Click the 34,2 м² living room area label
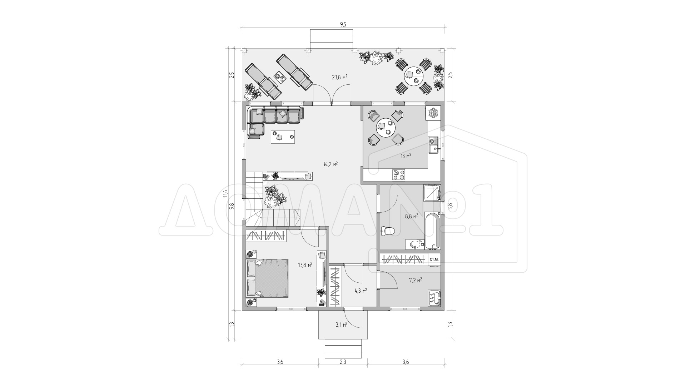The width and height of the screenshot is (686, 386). [330, 164]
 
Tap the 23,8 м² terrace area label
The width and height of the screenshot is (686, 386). [340, 77]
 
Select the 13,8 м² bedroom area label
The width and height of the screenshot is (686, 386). [305, 265]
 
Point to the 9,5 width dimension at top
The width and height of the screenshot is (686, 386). [343, 24]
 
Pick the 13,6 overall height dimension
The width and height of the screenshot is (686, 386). [225, 193]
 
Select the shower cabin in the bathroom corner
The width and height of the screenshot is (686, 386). [432, 193]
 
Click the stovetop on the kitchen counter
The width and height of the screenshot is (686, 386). [399, 174]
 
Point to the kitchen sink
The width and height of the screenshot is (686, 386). [434, 145]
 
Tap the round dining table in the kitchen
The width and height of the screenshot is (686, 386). [386, 128]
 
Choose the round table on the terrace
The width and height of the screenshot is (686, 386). [414, 76]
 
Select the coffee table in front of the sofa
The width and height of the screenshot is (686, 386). [283, 137]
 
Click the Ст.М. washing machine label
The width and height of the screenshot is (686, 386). [434, 259]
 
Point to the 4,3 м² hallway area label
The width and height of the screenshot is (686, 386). [361, 291]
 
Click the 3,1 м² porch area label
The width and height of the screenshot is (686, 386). [341, 325]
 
